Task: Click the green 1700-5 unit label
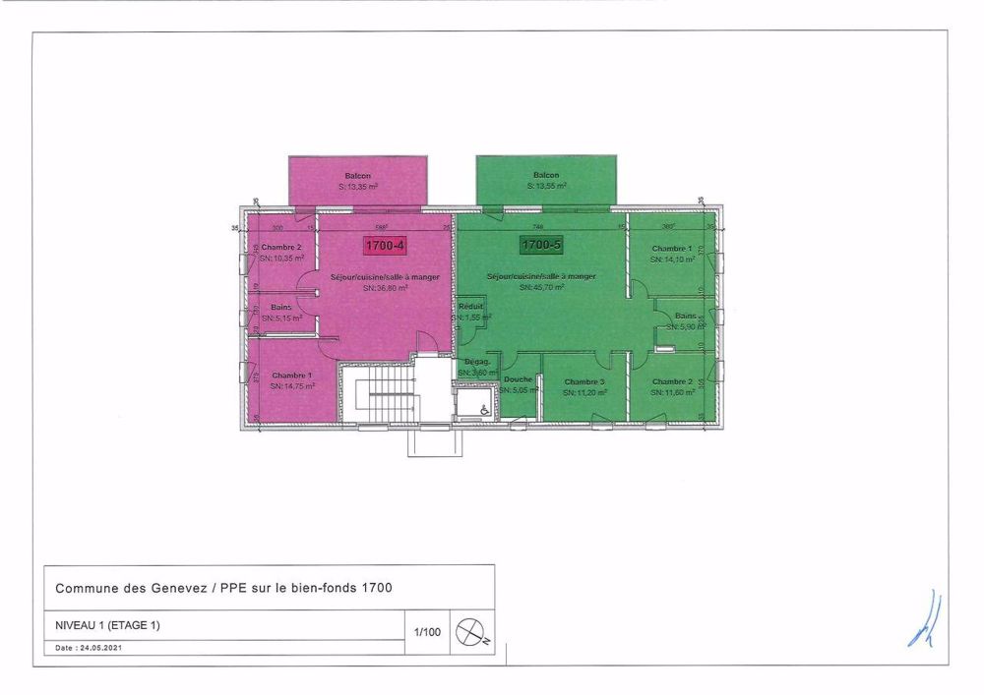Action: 540,244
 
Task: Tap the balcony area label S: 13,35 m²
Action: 357,186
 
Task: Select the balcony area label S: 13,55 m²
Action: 546,186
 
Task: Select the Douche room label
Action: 518,380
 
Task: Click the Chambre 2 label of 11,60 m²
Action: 672,380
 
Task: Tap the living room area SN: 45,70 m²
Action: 539,287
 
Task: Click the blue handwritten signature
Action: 924,621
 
